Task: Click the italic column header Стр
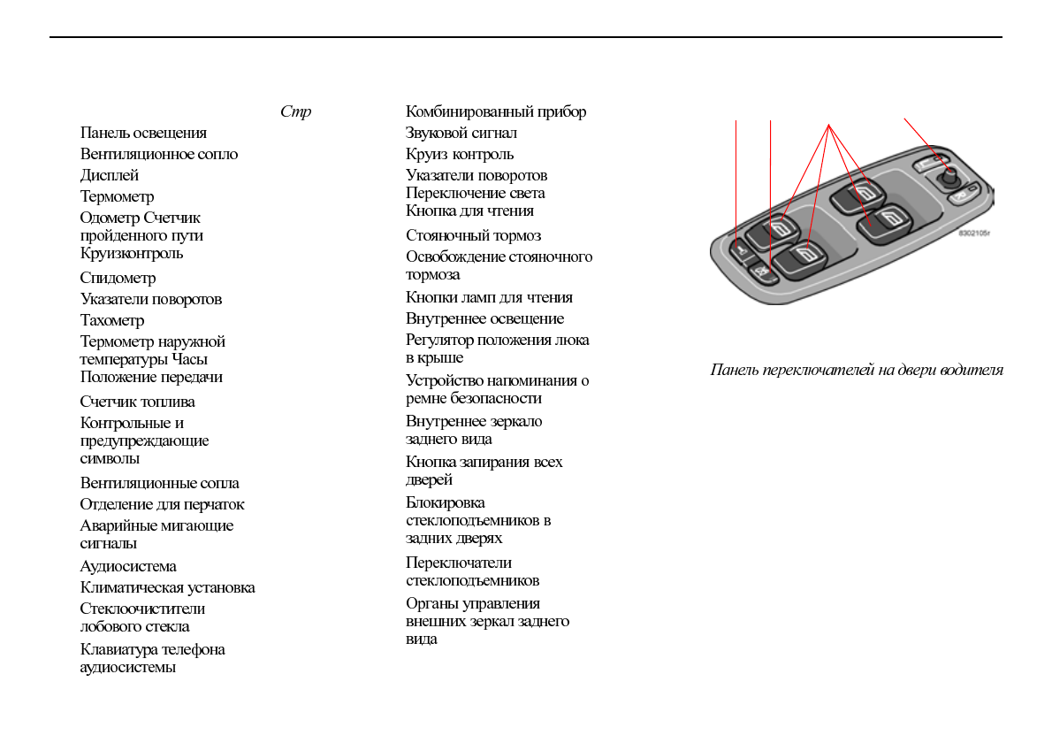295,112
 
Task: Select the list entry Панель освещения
143,133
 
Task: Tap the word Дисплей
110,175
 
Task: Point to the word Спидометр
118,278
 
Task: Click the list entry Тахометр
112,320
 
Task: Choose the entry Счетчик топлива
138,402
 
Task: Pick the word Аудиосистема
128,566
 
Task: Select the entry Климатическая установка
168,587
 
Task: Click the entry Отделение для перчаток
163,504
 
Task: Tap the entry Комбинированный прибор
496,111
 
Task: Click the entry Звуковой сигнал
461,133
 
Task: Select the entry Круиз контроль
460,154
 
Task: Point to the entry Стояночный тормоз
474,235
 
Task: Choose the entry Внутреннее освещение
484,318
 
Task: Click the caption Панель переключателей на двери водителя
857,370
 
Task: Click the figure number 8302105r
973,234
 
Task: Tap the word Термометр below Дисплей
117,196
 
